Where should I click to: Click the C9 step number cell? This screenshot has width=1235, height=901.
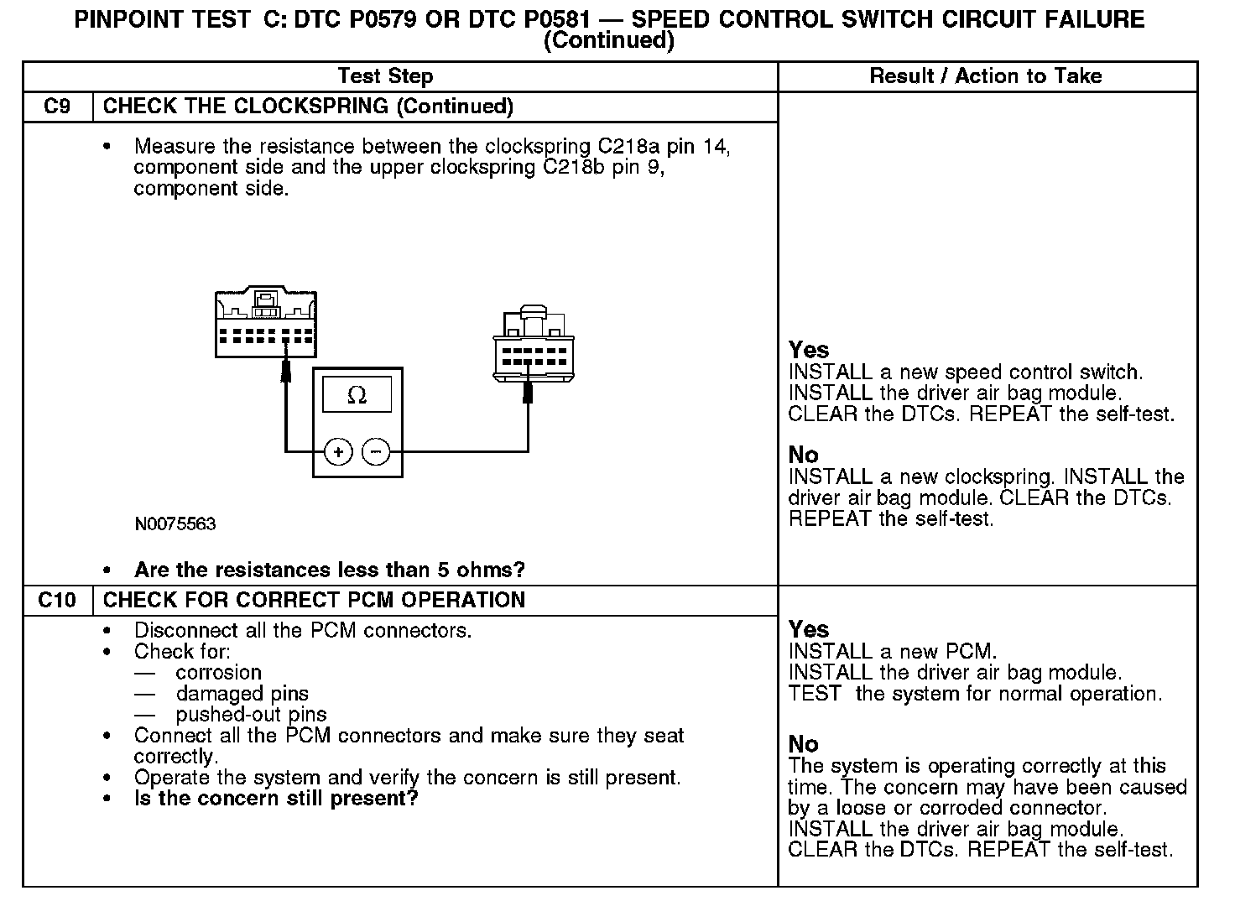pyautogui.click(x=57, y=107)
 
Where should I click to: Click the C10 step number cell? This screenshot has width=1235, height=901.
pyautogui.click(x=57, y=600)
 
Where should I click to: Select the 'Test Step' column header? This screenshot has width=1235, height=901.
pyautogui.click(x=385, y=76)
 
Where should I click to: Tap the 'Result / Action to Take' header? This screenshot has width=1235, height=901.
pyautogui.click(x=986, y=76)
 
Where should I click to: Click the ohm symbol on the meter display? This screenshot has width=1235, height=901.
pyautogui.click(x=357, y=395)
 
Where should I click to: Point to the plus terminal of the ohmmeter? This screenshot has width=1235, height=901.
pyautogui.click(x=338, y=452)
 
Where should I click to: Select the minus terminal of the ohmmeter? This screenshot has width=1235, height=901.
pyautogui.click(x=376, y=452)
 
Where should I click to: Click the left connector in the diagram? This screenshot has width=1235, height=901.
pyautogui.click(x=265, y=324)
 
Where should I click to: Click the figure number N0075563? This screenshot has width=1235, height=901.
pyautogui.click(x=175, y=524)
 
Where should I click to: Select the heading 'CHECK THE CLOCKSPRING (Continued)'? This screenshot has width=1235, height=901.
pyautogui.click(x=308, y=107)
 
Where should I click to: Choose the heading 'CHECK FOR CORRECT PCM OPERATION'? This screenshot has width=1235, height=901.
pyautogui.click(x=314, y=600)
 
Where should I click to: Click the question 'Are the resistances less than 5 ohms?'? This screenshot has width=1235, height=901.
pyautogui.click(x=329, y=570)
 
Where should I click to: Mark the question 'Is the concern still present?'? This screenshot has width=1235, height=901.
pyautogui.click(x=276, y=798)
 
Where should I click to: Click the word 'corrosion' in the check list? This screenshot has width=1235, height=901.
pyautogui.click(x=219, y=673)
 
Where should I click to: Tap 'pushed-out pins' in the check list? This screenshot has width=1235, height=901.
pyautogui.click(x=251, y=715)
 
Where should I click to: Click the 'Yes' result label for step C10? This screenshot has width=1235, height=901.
pyautogui.click(x=809, y=629)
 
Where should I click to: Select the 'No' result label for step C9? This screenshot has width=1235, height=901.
pyautogui.click(x=803, y=455)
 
